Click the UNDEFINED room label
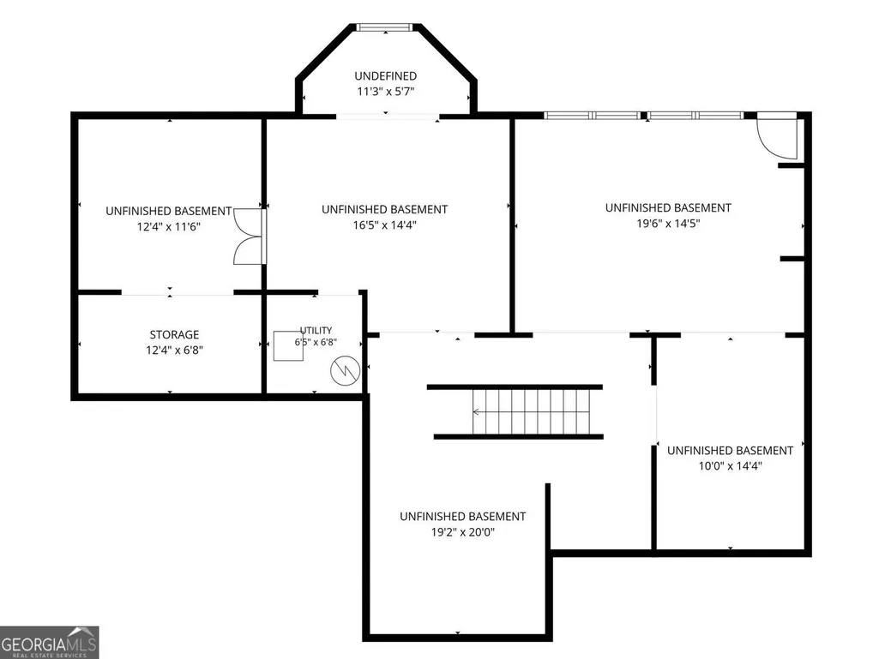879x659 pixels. coord(385,75)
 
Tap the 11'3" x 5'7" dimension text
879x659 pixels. coord(385,92)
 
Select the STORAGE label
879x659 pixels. coord(174,334)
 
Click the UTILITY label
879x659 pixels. coord(316,330)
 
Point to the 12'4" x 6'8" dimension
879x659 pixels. coord(174,350)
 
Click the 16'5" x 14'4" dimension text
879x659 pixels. coord(384,225)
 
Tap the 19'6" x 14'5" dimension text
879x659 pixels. coord(668,224)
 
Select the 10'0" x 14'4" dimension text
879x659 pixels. coord(730,465)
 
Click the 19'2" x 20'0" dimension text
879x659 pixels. coord(462,532)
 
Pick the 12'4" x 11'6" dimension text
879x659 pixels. coord(169,227)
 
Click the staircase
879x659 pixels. coord(515,412)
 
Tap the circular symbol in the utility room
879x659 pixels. coord(346,370)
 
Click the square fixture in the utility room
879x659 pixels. coord(288,345)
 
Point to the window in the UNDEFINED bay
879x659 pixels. coord(385,27)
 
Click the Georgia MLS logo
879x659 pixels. coord(50,642)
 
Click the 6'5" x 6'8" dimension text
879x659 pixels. coord(316,342)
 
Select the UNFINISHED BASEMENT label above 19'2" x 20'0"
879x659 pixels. coord(462,516)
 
